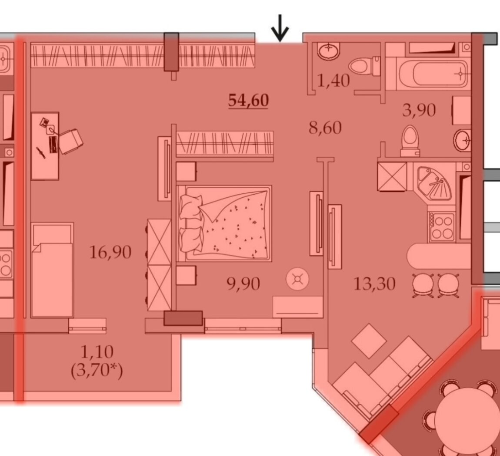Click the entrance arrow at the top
pyautogui.click(x=280, y=28)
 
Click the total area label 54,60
pyautogui.click(x=248, y=100)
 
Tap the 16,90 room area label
pyautogui.click(x=110, y=252)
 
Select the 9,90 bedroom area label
pyautogui.click(x=243, y=284)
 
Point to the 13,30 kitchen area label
pyautogui.click(x=374, y=284)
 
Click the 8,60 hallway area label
pyautogui.click(x=325, y=128)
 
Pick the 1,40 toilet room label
pyautogui.click(x=333, y=80)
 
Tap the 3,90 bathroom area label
pyautogui.click(x=419, y=110)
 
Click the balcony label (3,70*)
pyautogui.click(x=97, y=371)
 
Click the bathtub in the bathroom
pyautogui.click(x=433, y=74)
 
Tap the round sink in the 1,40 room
pyautogui.click(x=329, y=51)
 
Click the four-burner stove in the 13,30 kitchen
pyautogui.click(x=441, y=227)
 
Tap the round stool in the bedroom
pyautogui.click(x=297, y=280)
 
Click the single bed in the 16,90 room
pyautogui.click(x=52, y=270)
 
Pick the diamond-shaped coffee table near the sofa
pyautogui.click(x=369, y=341)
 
